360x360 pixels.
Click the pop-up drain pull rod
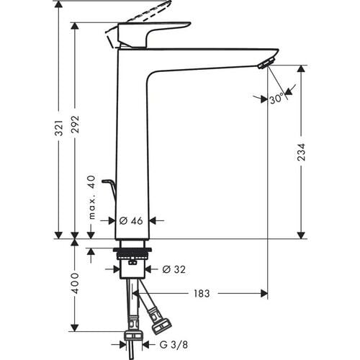(x=110, y=189)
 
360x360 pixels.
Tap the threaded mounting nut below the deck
(x=131, y=256)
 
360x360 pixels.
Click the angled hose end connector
(x=158, y=316)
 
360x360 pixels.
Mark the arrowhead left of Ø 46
(x=110, y=220)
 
